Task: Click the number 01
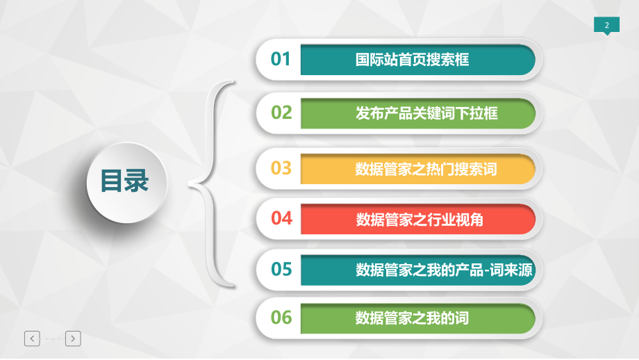281,59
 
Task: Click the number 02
281,112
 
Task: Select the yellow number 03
281,168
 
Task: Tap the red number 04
281,218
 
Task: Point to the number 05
281,269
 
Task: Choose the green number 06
281,318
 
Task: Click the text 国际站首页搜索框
413,60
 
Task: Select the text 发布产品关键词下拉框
426,113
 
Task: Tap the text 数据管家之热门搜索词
426,169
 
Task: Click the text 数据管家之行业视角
420,220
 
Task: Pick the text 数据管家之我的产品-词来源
444,270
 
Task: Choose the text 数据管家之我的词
413,318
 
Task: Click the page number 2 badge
606,26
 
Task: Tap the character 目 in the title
112,181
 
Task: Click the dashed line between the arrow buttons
53,338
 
